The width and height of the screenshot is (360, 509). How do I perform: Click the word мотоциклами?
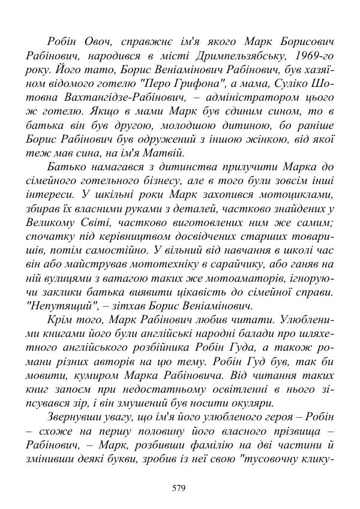[x=296, y=194]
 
